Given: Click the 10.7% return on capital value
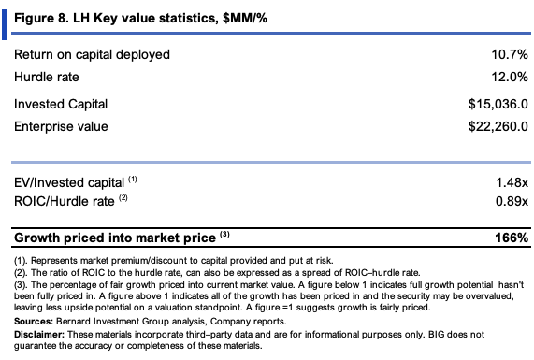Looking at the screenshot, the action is [x=510, y=54].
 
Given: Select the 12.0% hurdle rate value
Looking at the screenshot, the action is [x=510, y=77].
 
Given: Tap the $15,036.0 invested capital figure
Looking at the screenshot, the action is [x=498, y=104].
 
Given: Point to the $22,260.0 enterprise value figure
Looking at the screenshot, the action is [x=498, y=126].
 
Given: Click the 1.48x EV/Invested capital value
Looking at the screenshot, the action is [x=512, y=183].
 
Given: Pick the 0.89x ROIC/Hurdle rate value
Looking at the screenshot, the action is [x=512, y=201].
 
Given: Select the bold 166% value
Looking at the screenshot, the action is [x=512, y=238].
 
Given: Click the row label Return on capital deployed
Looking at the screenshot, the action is [x=92, y=55].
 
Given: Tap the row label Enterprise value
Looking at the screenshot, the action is [x=61, y=126].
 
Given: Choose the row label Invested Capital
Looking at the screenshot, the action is [x=61, y=104].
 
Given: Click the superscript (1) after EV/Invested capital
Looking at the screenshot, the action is [x=133, y=180].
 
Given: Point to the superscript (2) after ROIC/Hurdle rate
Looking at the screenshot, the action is [x=123, y=197].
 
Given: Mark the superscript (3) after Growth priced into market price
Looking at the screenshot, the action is [x=224, y=234].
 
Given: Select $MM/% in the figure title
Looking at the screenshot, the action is [x=245, y=18].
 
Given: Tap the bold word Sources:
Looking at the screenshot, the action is [x=34, y=321].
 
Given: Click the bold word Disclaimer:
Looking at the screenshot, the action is [x=39, y=335].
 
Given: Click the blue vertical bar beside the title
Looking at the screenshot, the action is [x=4, y=25].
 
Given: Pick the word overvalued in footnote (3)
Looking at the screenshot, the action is [x=489, y=296].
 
